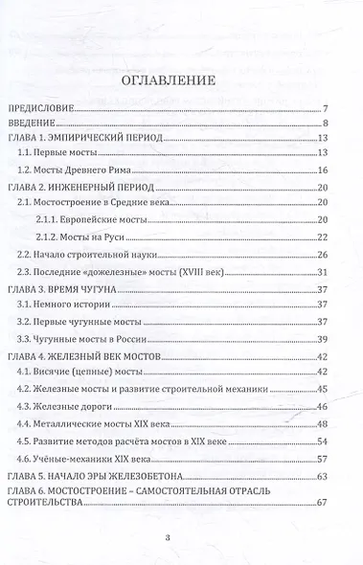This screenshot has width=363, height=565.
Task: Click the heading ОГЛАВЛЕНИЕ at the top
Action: point(181,81)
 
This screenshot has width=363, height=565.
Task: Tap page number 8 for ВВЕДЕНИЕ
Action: point(326,124)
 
